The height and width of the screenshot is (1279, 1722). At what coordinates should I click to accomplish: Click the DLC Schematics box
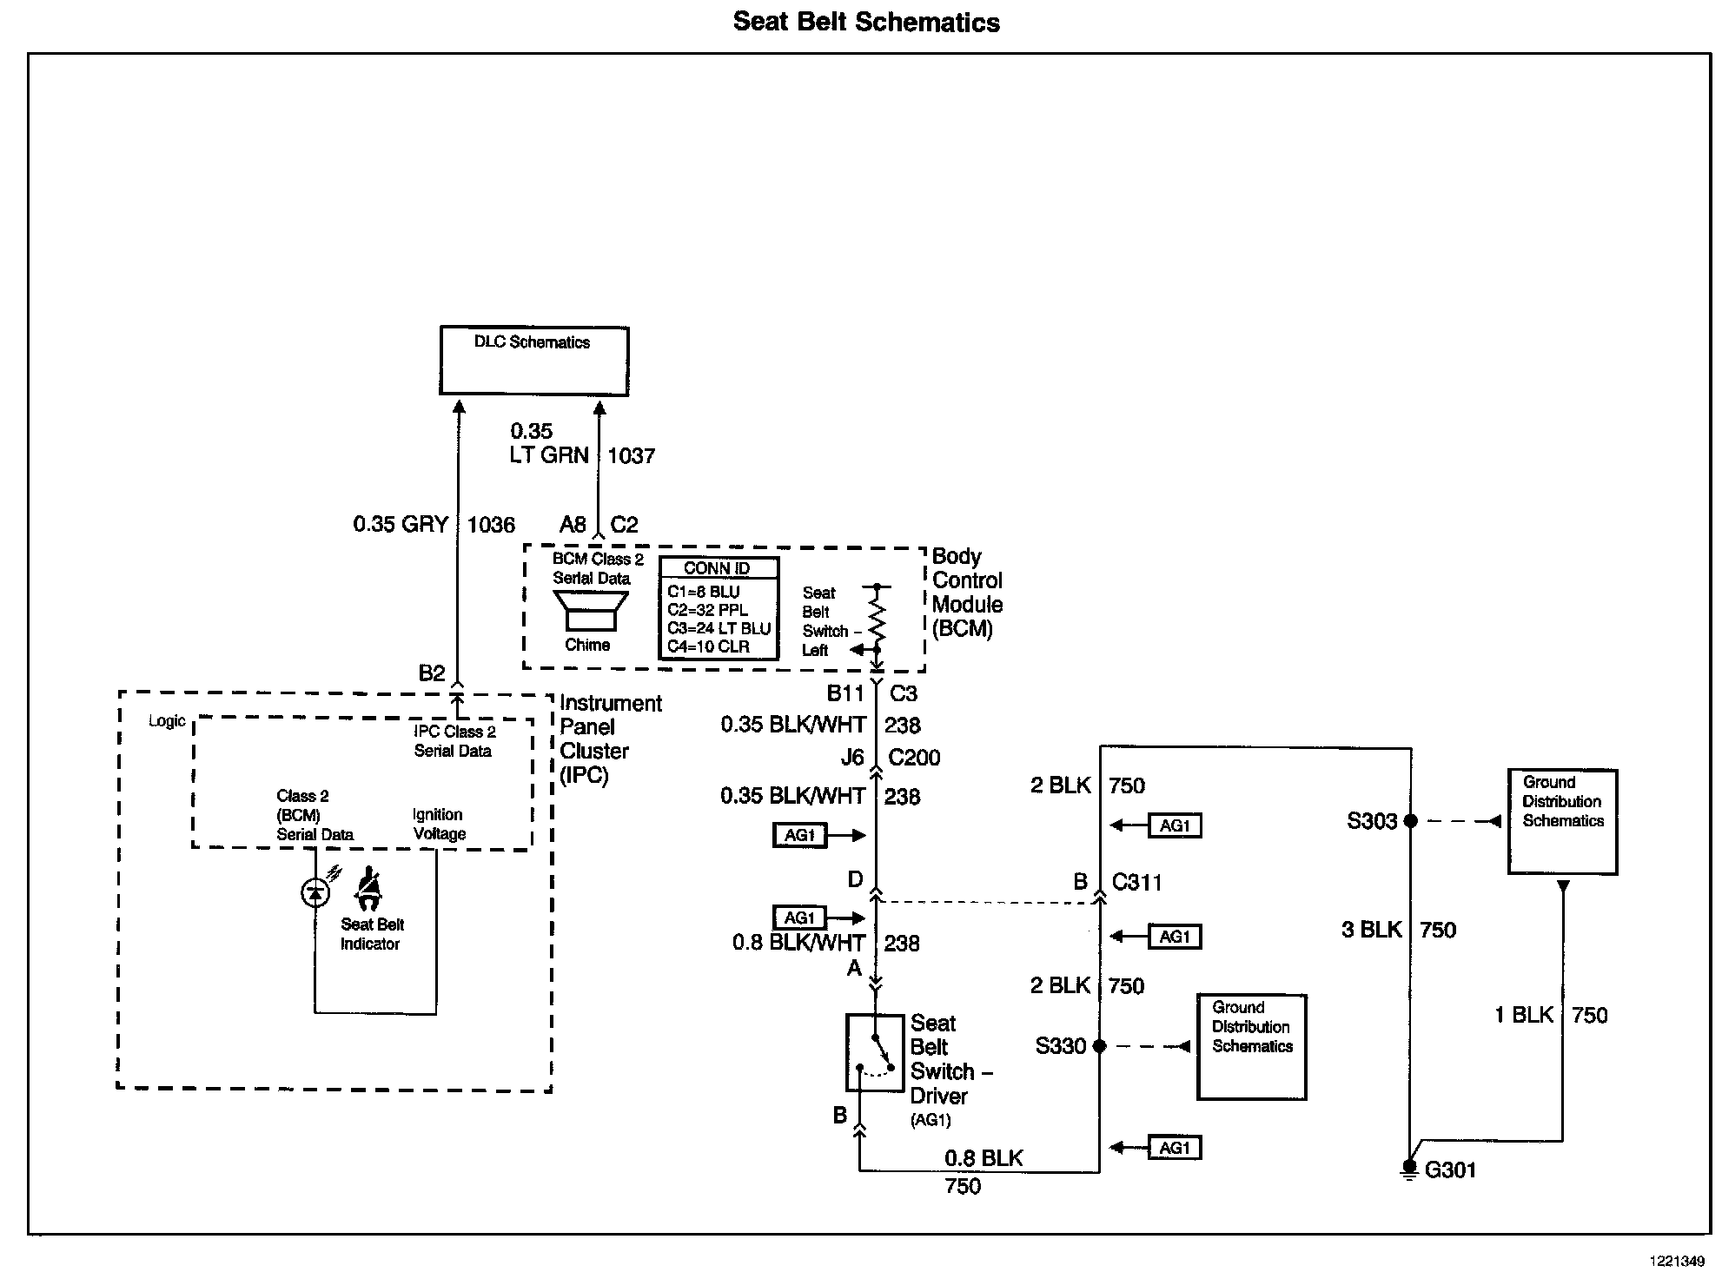pos(533,361)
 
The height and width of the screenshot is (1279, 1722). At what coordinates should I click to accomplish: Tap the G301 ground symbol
pos(1409,1170)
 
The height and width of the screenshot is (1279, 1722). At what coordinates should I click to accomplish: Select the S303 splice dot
pos(1410,820)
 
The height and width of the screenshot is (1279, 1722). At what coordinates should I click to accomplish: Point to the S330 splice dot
pos(1099,1046)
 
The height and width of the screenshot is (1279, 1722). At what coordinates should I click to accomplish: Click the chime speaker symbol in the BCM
pos(591,611)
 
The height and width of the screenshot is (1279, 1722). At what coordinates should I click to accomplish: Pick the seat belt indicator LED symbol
pos(315,891)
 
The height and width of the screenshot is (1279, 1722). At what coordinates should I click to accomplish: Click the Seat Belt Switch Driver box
pos(874,1052)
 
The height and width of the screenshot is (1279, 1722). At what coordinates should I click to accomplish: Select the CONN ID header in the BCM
pos(718,568)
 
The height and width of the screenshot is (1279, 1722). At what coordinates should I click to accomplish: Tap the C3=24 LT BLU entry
pos(719,628)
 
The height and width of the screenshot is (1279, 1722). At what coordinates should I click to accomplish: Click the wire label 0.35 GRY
pos(401,524)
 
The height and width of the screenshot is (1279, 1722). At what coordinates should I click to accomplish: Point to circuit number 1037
pos(631,455)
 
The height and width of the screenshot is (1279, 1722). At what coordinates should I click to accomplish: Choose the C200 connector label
pos(914,758)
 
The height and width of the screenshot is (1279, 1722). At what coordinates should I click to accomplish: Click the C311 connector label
pos(1136,882)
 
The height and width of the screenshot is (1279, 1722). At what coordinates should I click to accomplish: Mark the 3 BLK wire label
pos(1371,930)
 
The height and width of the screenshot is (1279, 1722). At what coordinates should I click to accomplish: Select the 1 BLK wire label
pos(1523,1015)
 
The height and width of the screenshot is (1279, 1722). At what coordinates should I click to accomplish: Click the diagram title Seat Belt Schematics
pos(866,22)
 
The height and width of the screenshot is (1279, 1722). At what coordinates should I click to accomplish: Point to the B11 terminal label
pos(845,693)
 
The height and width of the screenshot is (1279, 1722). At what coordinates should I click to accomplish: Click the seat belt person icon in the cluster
pos(370,887)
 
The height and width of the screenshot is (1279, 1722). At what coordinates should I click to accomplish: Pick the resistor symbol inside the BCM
pos(877,617)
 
